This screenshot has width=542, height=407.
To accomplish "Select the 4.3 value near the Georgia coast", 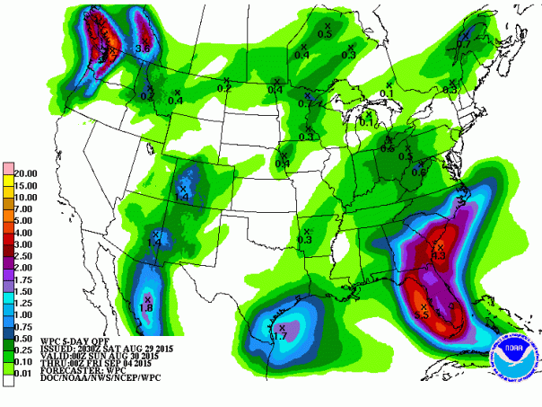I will (x=440, y=255).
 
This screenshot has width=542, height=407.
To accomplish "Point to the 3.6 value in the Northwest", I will (x=141, y=47).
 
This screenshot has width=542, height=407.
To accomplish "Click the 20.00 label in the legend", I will (x=25, y=172).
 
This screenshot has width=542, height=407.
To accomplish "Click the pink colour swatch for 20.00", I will (x=7, y=172).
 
